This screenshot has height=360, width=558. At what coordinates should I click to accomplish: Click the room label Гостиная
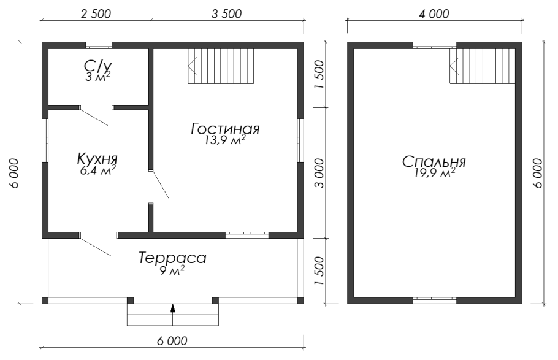(x=225, y=129)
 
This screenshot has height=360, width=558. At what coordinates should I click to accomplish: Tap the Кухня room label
(x=97, y=158)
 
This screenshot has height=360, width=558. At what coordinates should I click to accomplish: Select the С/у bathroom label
(x=98, y=66)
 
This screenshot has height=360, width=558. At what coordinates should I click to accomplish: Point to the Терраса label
(x=172, y=258)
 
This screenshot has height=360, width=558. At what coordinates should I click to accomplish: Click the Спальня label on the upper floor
(x=434, y=162)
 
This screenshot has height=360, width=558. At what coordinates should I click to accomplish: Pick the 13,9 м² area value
(x=225, y=140)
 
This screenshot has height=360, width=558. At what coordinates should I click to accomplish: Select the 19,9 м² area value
(x=435, y=173)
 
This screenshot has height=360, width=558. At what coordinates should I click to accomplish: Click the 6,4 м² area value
(x=98, y=170)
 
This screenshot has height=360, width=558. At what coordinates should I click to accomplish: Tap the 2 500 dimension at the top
(x=96, y=14)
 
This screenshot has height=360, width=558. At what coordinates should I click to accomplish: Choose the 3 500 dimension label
(x=226, y=14)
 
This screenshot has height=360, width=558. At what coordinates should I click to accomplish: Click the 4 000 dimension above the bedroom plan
(x=434, y=14)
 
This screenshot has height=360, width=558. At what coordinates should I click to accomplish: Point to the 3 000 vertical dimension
(x=319, y=174)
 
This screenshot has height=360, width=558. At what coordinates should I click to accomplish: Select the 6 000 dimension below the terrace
(x=172, y=341)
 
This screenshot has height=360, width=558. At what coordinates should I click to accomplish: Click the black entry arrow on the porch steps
(x=172, y=308)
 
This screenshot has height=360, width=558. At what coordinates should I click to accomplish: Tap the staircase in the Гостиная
(x=221, y=66)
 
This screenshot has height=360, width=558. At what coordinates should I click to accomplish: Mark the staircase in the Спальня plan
(x=482, y=66)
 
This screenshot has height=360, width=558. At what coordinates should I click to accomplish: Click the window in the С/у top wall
(x=99, y=45)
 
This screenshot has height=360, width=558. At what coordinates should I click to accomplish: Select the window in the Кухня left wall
(x=45, y=140)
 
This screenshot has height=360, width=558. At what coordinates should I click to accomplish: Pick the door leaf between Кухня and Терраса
(x=96, y=245)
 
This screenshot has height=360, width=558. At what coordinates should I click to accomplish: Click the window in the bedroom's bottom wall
(x=435, y=300)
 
